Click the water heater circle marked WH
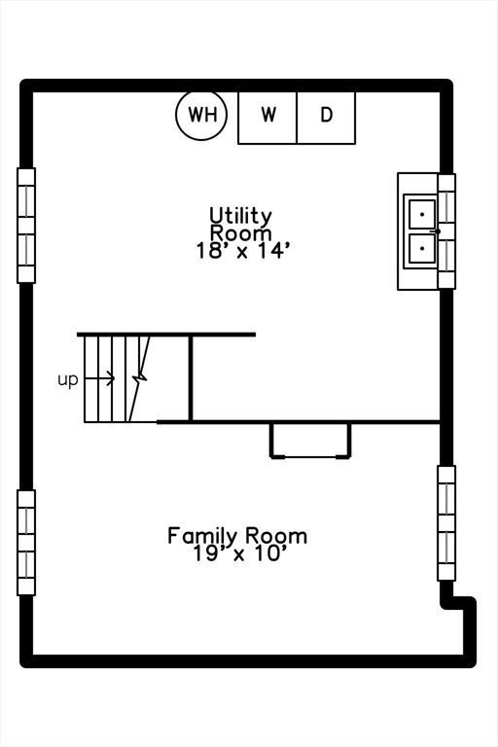point(201,116)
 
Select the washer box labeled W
point(267,118)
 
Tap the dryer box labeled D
point(326,118)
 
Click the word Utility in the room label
point(240,216)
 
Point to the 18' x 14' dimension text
point(242,251)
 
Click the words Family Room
point(237,536)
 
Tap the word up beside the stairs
point(68,380)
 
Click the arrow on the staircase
point(99,378)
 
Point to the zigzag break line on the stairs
point(139,379)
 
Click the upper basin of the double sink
point(422,214)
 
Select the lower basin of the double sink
point(422,248)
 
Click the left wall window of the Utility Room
point(26,226)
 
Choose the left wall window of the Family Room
point(26,543)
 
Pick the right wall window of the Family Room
point(446,523)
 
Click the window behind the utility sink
point(446,231)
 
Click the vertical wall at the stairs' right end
point(191,378)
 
